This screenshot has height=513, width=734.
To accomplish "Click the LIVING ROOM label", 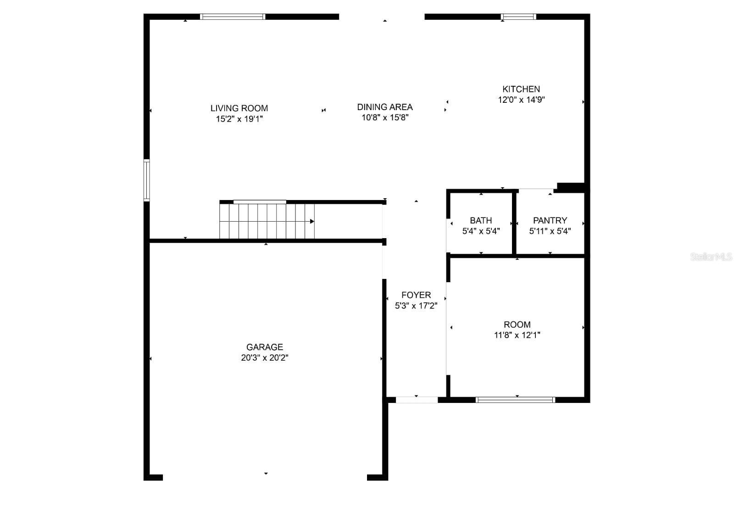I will (x=239, y=108).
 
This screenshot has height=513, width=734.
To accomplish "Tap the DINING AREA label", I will (x=385, y=107).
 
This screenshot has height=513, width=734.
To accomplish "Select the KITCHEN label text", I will (x=521, y=89).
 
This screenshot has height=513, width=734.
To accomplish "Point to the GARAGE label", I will (x=265, y=347).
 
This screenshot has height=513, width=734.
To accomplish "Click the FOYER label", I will (x=416, y=295).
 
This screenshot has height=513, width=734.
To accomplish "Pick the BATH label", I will (x=481, y=220).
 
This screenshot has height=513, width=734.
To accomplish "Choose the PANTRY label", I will (x=550, y=220).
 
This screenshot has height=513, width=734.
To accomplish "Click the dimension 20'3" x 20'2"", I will (x=265, y=358).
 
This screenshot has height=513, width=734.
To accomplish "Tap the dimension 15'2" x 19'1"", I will (x=239, y=119).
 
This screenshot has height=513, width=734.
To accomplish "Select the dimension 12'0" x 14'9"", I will (x=521, y=100).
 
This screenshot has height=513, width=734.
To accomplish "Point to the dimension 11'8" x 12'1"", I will (x=517, y=335).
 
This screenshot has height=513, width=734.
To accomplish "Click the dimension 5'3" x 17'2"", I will (x=416, y=306).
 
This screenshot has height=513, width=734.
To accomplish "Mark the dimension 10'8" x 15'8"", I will (x=385, y=117).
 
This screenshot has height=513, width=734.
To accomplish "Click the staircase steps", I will (x=267, y=221).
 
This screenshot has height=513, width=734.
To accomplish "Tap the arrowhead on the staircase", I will (x=312, y=221).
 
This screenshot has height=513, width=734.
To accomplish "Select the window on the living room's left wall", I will (x=147, y=180).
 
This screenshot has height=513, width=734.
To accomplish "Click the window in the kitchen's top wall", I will (x=518, y=17).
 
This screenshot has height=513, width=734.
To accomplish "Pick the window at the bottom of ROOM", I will (x=516, y=400).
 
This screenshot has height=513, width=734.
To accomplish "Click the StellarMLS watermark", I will (x=711, y=257).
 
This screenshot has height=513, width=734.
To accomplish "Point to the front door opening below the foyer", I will (x=417, y=400).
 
